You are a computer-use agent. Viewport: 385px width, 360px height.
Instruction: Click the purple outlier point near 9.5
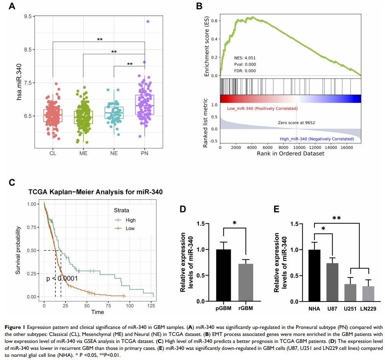point(148,21)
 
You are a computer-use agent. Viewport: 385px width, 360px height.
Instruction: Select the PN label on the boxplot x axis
point(145,154)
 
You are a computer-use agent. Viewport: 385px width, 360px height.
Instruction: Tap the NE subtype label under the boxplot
point(114,154)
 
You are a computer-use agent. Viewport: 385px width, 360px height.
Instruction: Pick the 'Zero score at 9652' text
point(296,123)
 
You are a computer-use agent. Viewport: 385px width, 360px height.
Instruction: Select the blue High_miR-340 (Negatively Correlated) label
point(316,138)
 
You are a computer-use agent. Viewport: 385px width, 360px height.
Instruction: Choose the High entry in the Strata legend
point(131,220)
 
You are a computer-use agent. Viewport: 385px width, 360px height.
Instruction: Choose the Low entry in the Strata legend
point(130,228)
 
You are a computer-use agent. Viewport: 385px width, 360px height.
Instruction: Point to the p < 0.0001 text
point(62,278)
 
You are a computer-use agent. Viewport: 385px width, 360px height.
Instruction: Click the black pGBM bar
point(223,275)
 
